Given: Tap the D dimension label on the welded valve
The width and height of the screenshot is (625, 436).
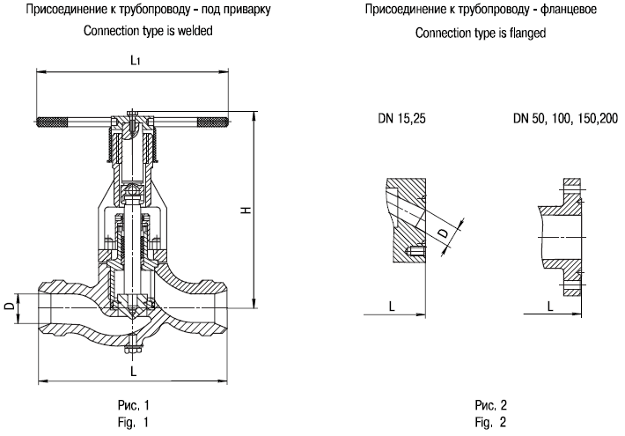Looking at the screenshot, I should pos(9,306).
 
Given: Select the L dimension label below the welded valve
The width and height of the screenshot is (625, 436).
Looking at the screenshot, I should pos(132,373).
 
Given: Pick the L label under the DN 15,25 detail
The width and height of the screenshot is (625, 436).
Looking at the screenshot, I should pos(390,306).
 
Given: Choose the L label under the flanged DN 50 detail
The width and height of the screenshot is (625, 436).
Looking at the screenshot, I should pos(549,306).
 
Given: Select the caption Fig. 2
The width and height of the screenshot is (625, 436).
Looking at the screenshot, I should pos(490,422).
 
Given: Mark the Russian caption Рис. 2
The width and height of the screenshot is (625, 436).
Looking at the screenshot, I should pos(490,406).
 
